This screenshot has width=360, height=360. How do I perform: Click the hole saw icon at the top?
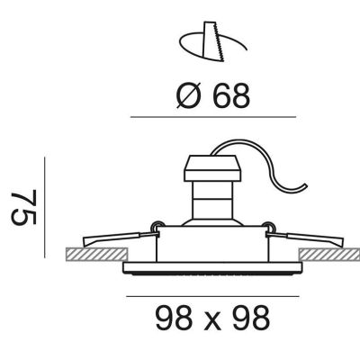point(213,42)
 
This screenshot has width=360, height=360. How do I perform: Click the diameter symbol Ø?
point(188,95)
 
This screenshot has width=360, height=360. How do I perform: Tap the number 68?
point(231,95)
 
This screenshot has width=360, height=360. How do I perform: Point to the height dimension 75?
point(24,207)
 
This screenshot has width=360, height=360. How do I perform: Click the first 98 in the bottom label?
point(174,318)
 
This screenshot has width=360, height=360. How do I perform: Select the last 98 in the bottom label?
point(251,318)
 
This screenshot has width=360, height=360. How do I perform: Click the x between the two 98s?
point(212,321)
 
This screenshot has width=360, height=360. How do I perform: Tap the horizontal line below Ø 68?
point(213,117)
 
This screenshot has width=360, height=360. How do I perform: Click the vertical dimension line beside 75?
point(45,207)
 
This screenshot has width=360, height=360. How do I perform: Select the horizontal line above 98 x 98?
point(212,296)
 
